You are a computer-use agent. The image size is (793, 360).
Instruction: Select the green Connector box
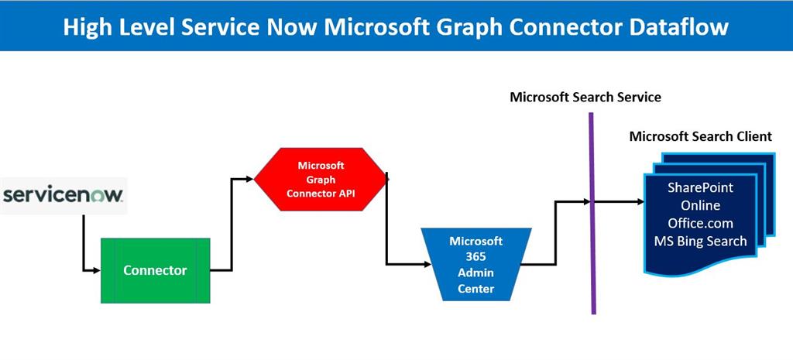[x=155, y=270]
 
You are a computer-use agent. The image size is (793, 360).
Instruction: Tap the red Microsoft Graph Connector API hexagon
[x=321, y=179]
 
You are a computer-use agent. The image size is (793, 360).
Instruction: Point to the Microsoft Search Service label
[x=585, y=98]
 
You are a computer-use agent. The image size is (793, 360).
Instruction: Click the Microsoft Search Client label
[x=700, y=136]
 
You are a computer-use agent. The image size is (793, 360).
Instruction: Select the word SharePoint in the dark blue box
[x=700, y=188]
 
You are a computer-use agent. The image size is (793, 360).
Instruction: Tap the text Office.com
[x=700, y=223]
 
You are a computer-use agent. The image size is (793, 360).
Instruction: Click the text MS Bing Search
[x=700, y=241]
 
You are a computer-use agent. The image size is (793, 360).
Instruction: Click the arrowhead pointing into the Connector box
[x=97, y=270]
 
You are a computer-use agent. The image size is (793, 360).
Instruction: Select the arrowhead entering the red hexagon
[x=249, y=179]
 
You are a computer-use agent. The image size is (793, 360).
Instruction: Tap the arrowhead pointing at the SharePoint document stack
[x=639, y=202]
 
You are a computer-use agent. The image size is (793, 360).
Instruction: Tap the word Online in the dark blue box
[x=700, y=206]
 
